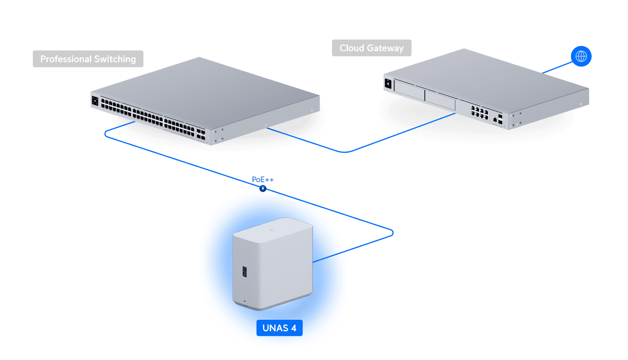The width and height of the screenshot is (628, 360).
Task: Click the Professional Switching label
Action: click(88, 59)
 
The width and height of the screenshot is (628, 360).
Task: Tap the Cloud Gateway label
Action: click(372, 48)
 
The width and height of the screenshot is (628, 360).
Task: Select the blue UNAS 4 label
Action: click(279, 328)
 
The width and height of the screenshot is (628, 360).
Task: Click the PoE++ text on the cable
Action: click(263, 180)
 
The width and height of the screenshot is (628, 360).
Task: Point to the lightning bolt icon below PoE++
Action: click(263, 188)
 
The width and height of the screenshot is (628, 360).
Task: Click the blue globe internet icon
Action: click(581, 56)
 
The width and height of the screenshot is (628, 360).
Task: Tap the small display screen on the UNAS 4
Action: click(244, 272)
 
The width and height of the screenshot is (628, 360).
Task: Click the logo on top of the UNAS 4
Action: click(272, 230)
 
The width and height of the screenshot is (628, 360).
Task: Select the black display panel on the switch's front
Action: click(95, 101)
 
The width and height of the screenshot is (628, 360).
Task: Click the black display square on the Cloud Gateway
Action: click(388, 84)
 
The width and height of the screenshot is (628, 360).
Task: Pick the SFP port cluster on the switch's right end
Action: click(201, 134)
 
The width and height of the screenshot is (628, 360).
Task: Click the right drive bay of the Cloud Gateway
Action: click(440, 100)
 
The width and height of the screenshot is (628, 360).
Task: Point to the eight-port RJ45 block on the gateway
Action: click(479, 113)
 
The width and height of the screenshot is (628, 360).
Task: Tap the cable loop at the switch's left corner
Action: click(106, 134)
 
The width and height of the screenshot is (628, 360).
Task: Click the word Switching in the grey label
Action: click(115, 59)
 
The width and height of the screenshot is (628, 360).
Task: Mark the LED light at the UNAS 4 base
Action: click(245, 302)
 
